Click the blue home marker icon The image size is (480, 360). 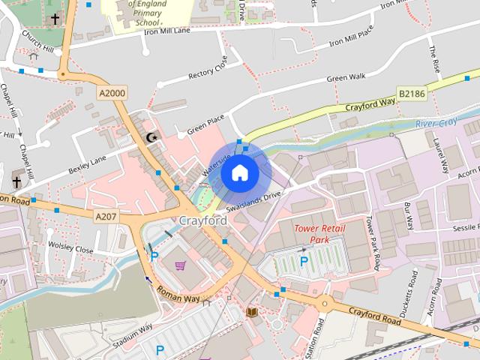pyautogui.click(x=239, y=173)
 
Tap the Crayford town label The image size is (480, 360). pyautogui.click(x=202, y=220)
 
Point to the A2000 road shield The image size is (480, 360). pyautogui.click(x=112, y=93)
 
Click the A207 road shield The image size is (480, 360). pyautogui.click(x=107, y=216)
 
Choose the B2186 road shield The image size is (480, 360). pyautogui.click(x=412, y=94)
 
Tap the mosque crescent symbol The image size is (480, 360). pyautogui.click(x=152, y=137)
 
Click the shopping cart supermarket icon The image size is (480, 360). pyautogui.click(x=180, y=265)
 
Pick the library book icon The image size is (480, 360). pyautogui.click(x=252, y=311)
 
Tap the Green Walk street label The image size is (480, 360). pyautogui.click(x=346, y=76)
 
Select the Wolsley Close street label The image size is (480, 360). pyautogui.click(x=70, y=247)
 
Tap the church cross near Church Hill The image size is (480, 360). pyautogui.click(x=55, y=19)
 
